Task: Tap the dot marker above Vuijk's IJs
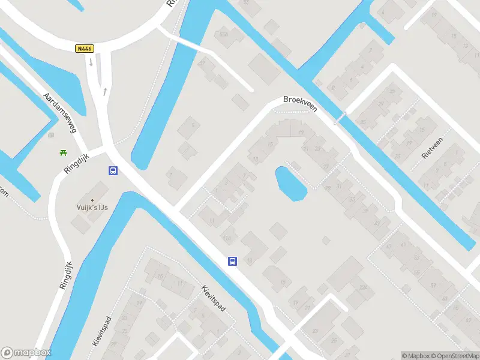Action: (x=92, y=200)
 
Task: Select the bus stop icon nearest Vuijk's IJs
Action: (x=112, y=170)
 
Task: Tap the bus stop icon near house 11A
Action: (x=232, y=261)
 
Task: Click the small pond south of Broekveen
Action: (x=290, y=183)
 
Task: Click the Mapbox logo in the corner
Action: (x=26, y=353)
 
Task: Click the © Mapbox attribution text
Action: (x=414, y=356)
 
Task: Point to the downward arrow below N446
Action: (x=91, y=62)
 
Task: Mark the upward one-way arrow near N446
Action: (x=105, y=91)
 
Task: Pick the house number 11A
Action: (x=226, y=239)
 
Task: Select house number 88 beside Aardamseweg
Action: (x=50, y=135)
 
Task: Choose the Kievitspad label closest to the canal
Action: (x=214, y=298)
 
